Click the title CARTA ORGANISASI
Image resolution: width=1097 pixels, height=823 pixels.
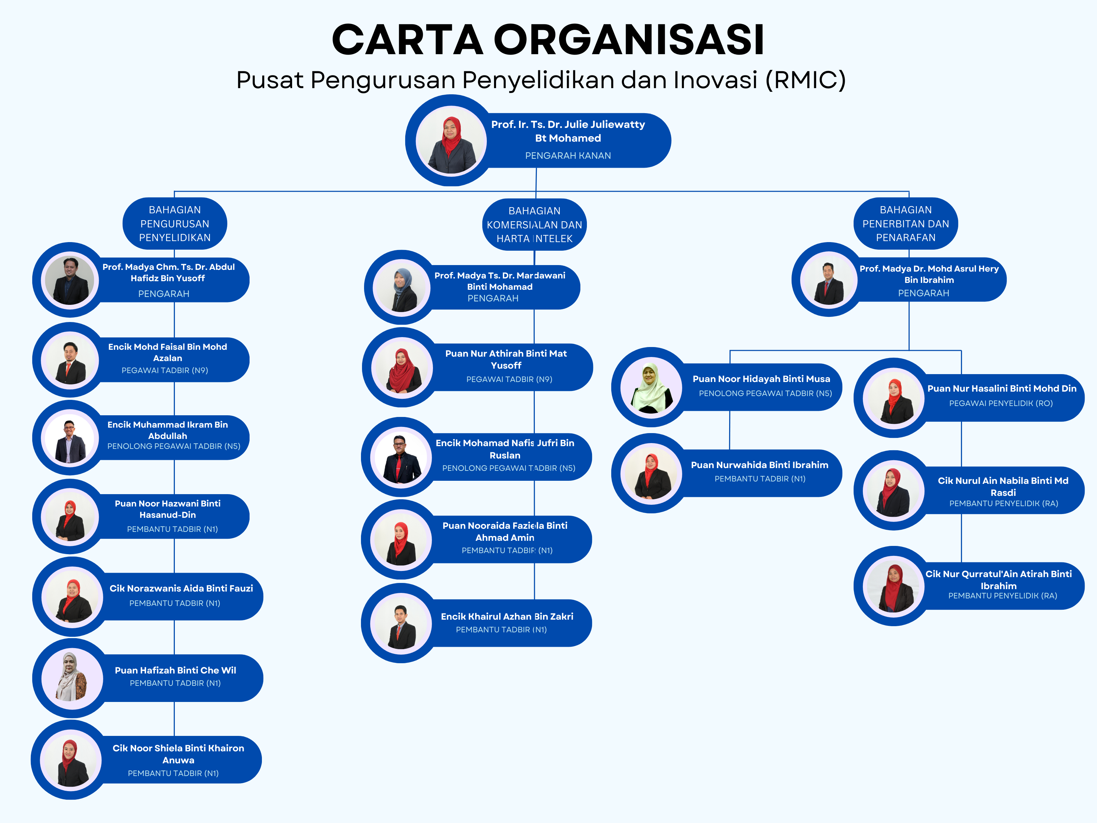pyautogui.click(x=548, y=40)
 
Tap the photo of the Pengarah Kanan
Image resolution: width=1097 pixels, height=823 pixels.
pyautogui.click(x=451, y=141)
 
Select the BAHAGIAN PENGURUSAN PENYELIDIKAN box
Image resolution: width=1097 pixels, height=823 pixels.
pyautogui.click(x=174, y=224)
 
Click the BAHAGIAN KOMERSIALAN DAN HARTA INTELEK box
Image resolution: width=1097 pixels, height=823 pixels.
pyautogui.click(x=534, y=225)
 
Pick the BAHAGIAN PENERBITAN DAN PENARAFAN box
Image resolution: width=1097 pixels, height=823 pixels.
pyautogui.click(x=906, y=224)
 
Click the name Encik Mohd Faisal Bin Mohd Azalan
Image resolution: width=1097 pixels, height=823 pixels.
pyautogui.click(x=168, y=352)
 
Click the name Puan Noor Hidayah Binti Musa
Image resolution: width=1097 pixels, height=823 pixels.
pyautogui.click(x=761, y=379)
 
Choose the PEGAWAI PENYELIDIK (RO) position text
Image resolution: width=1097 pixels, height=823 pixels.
pyautogui.click(x=1001, y=403)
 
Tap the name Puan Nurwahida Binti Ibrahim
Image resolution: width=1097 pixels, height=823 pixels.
pyautogui.click(x=760, y=465)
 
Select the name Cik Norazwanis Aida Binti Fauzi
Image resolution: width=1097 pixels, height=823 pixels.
pyautogui.click(x=181, y=588)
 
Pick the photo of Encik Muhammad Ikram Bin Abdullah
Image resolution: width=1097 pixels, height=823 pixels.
pyautogui.click(x=70, y=438)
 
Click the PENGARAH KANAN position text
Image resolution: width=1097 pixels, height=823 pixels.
pyautogui.click(x=568, y=156)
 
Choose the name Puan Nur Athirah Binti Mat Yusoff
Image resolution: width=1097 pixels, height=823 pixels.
pyautogui.click(x=506, y=359)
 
